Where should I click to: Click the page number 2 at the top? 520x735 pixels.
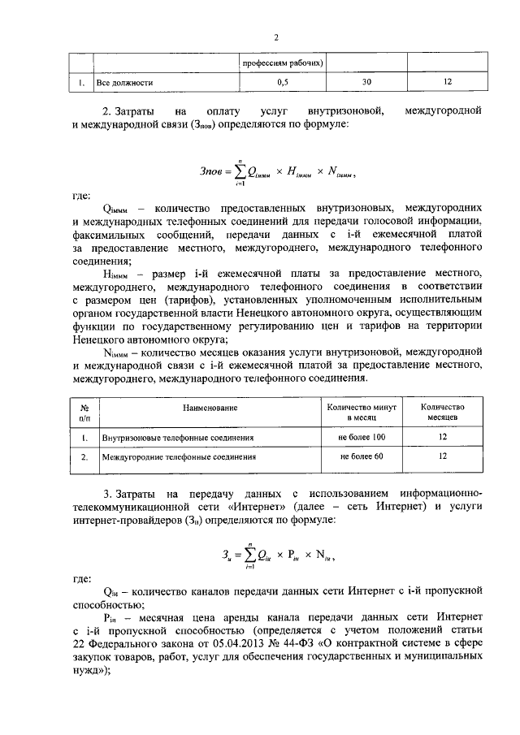click(276, 37)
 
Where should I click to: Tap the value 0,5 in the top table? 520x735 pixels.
click(283, 83)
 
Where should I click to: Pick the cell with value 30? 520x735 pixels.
click(366, 83)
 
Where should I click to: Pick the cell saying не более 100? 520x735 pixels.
click(362, 437)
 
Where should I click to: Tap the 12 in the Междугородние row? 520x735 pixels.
click(443, 456)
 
